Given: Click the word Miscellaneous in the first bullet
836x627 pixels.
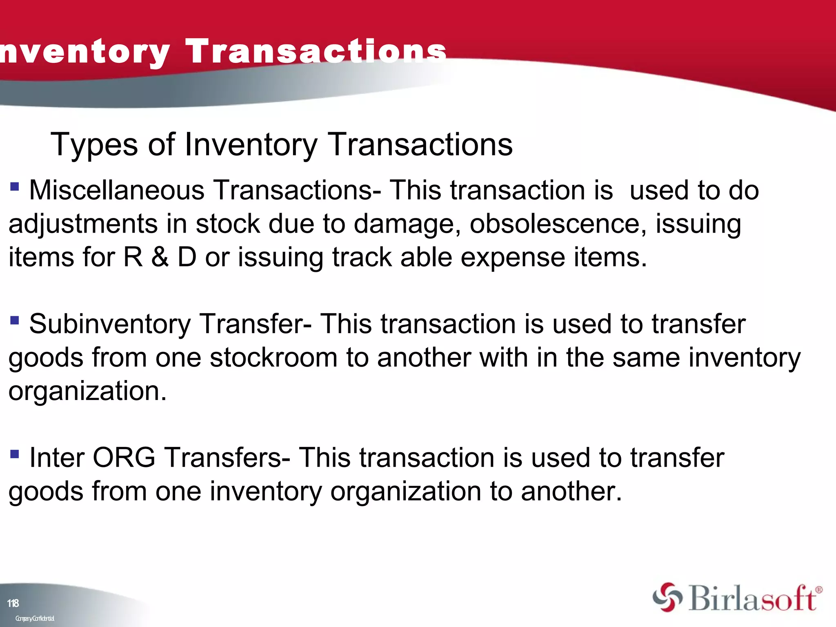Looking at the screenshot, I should point(116,190).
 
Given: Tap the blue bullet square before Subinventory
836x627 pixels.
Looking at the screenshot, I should point(15,320).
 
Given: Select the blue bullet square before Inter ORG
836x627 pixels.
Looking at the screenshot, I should point(15,454).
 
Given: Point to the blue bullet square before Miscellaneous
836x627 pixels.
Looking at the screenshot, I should point(15,187).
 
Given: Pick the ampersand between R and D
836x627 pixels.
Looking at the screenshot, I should point(160,257).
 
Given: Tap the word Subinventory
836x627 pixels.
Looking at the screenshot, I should point(110,324).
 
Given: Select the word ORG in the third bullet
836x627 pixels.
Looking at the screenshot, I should point(124,458).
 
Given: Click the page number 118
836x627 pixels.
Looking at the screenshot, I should point(13,603).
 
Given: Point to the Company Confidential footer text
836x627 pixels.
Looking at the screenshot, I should point(35,618).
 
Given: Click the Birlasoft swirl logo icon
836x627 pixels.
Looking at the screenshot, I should point(667,597).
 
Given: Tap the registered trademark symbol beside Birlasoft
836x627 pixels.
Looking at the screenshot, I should point(818,590).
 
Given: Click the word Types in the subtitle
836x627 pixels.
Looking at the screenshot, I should point(94,145).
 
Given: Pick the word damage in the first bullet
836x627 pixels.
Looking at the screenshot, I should point(404,224).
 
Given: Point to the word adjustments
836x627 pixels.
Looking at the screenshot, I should point(83,224).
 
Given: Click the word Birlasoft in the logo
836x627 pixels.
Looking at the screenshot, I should point(753,599).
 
